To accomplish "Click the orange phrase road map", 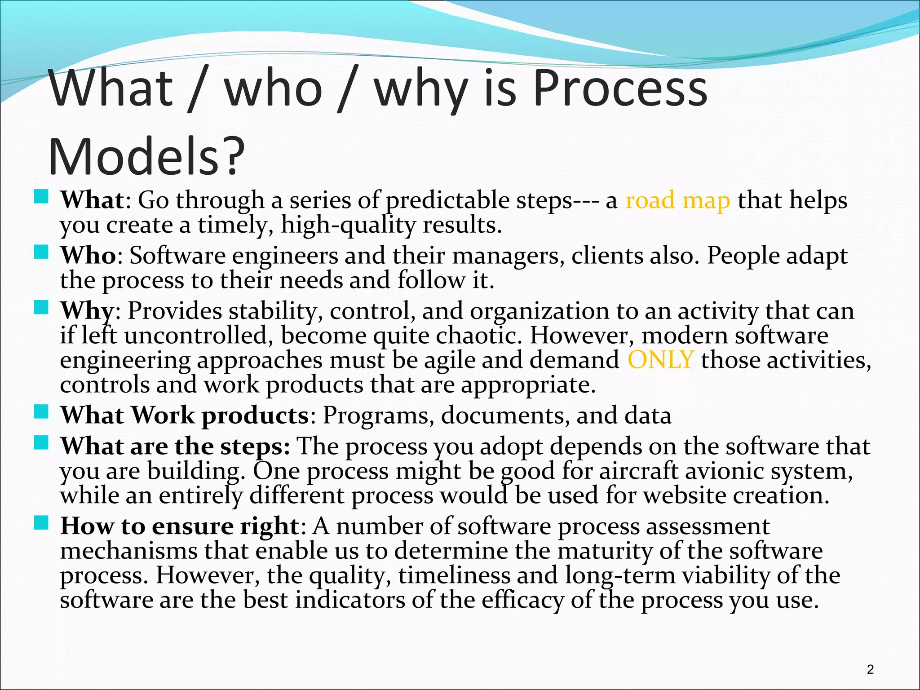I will (x=677, y=200).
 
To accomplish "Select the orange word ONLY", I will (x=660, y=360).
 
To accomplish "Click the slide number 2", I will (x=870, y=669).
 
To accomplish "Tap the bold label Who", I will (x=88, y=256).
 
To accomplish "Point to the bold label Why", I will (x=87, y=311).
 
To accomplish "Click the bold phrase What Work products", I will (x=184, y=415).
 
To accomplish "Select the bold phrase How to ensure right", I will (x=180, y=526).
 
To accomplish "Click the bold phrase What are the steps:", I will (x=175, y=447).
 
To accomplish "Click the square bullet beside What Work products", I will (x=41, y=411).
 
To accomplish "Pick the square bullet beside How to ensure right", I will (x=41, y=522).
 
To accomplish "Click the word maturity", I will (x=604, y=551).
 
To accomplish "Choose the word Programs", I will (x=378, y=416).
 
